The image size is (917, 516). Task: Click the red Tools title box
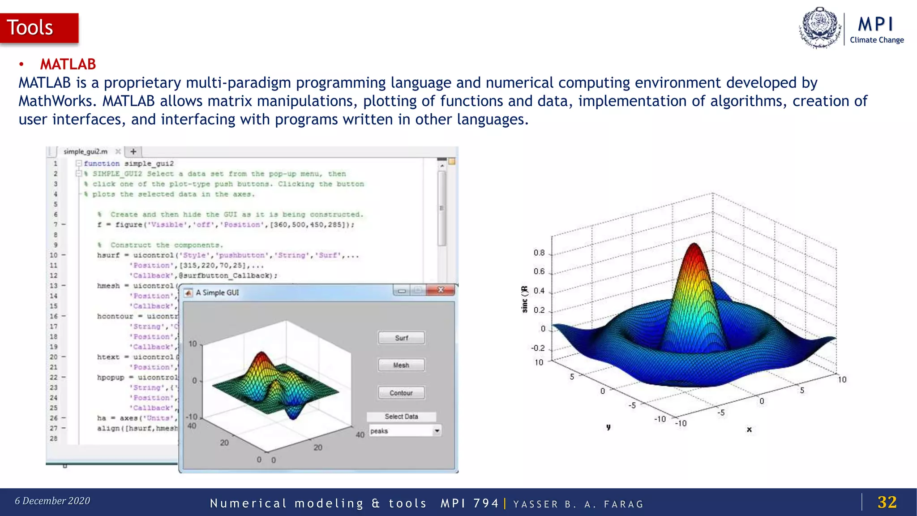click(x=39, y=28)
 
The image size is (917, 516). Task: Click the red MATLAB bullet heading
click(x=68, y=64)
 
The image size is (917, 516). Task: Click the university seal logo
click(x=820, y=28)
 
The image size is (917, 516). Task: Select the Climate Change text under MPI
click(x=877, y=40)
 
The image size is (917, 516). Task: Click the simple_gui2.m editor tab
click(x=86, y=151)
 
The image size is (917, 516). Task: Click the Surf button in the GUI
click(x=401, y=338)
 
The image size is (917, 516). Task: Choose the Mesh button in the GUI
click(x=401, y=365)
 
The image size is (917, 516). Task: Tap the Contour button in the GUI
click(x=401, y=393)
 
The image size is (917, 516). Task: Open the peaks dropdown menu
click(x=436, y=431)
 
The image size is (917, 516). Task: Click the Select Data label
click(x=401, y=417)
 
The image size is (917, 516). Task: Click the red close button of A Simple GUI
click(x=441, y=290)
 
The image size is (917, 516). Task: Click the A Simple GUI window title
click(x=217, y=292)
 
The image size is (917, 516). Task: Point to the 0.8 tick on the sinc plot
click(x=539, y=253)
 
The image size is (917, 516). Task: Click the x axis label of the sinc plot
click(x=749, y=429)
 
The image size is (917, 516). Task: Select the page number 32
click(x=887, y=502)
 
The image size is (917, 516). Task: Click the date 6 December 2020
click(x=52, y=501)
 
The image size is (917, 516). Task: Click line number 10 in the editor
click(x=54, y=255)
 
